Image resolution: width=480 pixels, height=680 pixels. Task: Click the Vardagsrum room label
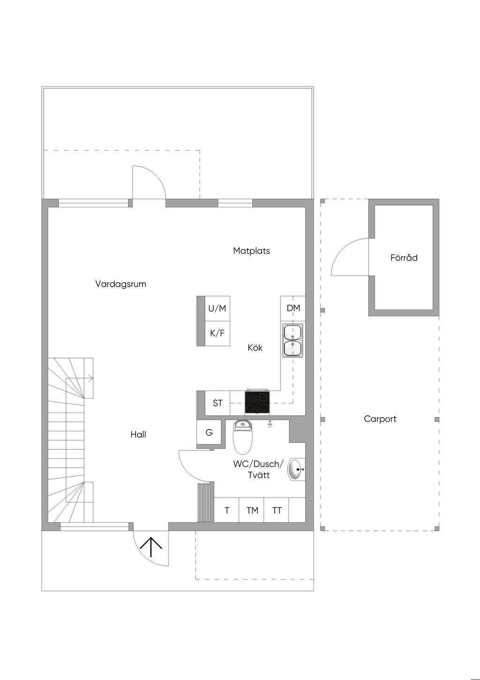tap(120, 284)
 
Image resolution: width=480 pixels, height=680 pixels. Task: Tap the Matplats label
tap(251, 251)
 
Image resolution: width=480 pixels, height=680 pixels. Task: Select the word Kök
tap(255, 348)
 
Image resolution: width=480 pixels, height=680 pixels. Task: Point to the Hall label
tap(138, 435)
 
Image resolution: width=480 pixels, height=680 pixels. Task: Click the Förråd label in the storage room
tap(404, 258)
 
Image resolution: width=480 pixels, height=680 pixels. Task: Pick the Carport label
tap(380, 419)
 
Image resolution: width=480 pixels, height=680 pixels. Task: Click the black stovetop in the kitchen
tap(257, 403)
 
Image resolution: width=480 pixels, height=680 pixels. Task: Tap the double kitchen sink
tap(292, 340)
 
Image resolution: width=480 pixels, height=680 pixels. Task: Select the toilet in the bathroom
tap(242, 436)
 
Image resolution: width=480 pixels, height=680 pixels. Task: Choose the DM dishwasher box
tap(293, 308)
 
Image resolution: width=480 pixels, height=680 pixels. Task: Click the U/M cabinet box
tap(217, 308)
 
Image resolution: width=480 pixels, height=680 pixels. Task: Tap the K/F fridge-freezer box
tap(217, 333)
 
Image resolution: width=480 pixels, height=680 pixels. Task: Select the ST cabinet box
tap(217, 403)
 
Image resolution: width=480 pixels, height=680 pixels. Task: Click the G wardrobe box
tap(209, 432)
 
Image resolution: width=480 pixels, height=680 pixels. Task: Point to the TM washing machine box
tap(252, 510)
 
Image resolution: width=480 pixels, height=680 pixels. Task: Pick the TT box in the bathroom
tap(277, 510)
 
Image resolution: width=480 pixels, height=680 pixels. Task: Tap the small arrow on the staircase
tap(90, 378)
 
